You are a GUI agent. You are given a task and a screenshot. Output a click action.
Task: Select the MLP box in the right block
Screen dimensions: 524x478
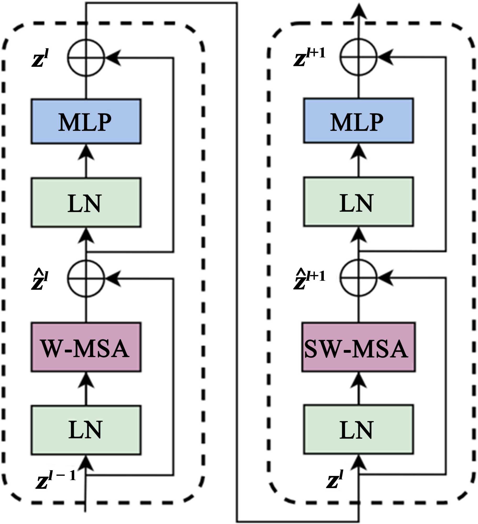[x=358, y=121]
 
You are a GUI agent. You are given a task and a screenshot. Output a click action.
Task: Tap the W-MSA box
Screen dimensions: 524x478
[x=86, y=347]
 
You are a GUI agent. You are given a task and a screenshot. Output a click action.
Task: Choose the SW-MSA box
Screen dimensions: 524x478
[x=358, y=347]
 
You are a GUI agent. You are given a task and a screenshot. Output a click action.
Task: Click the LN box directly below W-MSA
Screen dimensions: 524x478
[x=86, y=430]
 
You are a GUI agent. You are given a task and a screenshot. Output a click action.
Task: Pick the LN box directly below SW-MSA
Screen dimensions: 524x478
[x=358, y=429]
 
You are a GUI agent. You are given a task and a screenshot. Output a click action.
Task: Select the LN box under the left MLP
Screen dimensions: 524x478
[x=86, y=203]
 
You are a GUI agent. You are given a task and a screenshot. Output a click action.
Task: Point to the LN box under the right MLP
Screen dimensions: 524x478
[x=358, y=202]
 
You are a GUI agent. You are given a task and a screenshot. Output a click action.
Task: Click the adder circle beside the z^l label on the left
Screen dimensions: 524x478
[x=86, y=58]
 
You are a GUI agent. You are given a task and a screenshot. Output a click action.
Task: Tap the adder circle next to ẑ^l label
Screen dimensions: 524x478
[x=86, y=278]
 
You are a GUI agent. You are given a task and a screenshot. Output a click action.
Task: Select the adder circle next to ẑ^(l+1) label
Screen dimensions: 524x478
[x=358, y=278]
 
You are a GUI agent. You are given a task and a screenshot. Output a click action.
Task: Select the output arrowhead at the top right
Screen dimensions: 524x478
[x=359, y=12]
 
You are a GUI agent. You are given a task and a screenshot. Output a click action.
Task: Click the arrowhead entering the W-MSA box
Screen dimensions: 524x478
[x=86, y=380]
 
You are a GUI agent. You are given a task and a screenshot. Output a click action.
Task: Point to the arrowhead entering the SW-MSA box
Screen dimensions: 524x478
[x=358, y=380]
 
